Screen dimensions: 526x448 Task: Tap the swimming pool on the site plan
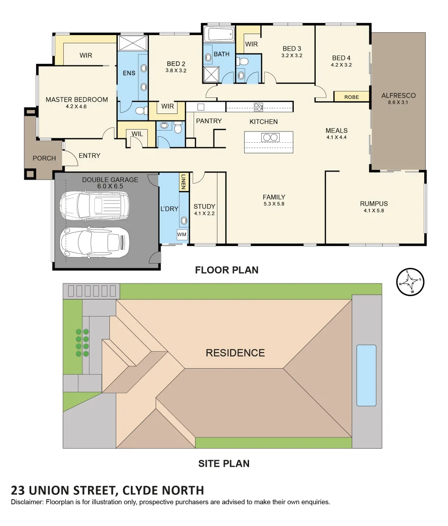click(x=366, y=375)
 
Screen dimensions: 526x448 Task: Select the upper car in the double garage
click(x=94, y=205)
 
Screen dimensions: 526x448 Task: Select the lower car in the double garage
click(x=94, y=241)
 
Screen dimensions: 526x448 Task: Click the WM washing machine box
click(x=181, y=235)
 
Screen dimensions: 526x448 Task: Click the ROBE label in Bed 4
click(x=351, y=97)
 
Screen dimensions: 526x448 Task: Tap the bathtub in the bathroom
click(x=218, y=35)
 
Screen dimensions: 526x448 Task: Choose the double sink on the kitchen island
click(x=270, y=137)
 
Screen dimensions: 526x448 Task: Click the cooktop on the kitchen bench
click(x=258, y=107)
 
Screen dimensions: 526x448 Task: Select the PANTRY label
click(x=209, y=121)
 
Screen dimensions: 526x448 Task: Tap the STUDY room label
click(x=204, y=206)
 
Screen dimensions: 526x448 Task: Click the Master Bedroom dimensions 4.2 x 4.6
click(x=76, y=107)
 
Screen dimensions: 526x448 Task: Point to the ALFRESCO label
click(x=398, y=95)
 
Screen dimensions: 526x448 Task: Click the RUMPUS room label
click(x=374, y=204)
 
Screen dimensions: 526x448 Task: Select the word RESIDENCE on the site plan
click(x=235, y=353)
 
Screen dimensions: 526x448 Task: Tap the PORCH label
click(x=44, y=158)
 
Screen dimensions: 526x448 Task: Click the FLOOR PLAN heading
click(x=227, y=270)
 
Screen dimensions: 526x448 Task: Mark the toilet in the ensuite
click(x=141, y=111)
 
